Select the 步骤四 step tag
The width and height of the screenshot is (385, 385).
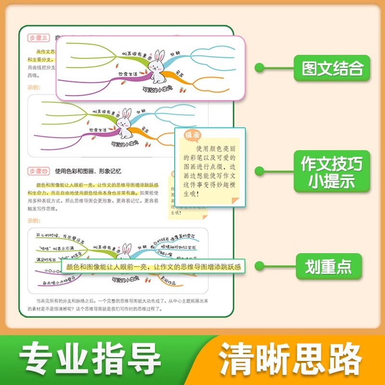pyautogui.click(x=39, y=171)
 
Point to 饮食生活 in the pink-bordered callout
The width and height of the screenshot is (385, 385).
pyautogui.click(x=128, y=74)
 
